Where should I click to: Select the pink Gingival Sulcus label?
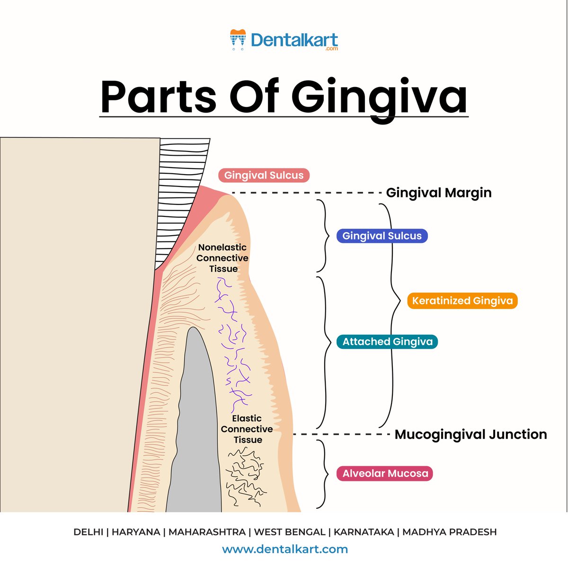pyautogui.click(x=264, y=175)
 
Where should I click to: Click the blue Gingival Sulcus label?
pyautogui.click(x=382, y=236)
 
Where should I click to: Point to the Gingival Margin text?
pyautogui.click(x=439, y=193)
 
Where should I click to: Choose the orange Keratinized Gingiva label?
pyautogui.click(x=462, y=301)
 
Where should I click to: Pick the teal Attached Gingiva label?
pyautogui.click(x=387, y=341)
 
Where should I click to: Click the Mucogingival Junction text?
pyautogui.click(x=470, y=434)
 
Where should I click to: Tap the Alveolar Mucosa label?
pyautogui.click(x=385, y=473)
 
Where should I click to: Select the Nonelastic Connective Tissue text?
pyautogui.click(x=222, y=258)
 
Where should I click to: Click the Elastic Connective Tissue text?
pyautogui.click(x=247, y=429)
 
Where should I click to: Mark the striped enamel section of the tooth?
pyautogui.click(x=182, y=189)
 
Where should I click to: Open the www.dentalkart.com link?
pyautogui.click(x=285, y=549)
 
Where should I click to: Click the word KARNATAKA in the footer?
pyautogui.click(x=364, y=532)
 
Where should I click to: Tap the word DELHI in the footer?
pyautogui.click(x=88, y=532)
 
